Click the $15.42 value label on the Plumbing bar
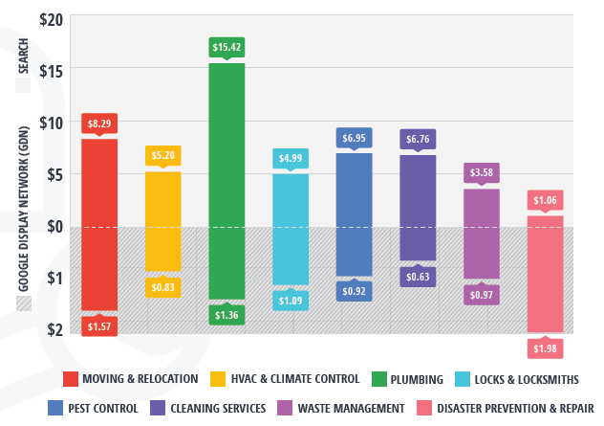coord(226,46)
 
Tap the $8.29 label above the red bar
coord(99,123)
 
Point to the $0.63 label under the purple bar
coord(418,278)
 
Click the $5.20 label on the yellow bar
coord(163,155)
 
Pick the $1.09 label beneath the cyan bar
coord(291,301)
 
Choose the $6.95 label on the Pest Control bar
coord(355,139)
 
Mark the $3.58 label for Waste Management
coord(482,172)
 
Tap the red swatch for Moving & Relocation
coord(70,379)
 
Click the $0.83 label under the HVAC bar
coord(163,285)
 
